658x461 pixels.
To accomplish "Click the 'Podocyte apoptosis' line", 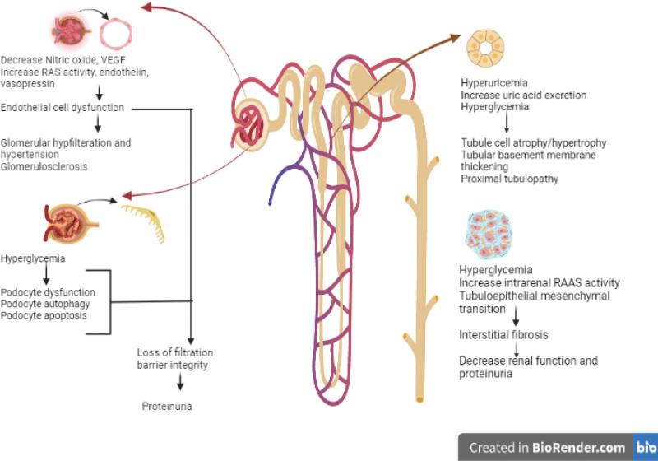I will point(44,314).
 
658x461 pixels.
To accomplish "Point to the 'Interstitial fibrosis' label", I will point(503,334).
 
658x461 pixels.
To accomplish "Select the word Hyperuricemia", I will point(494,83).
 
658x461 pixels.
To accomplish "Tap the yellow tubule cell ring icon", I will point(486,49).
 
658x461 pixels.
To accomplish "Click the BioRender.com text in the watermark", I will point(583,448).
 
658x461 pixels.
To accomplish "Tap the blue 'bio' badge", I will point(646,448).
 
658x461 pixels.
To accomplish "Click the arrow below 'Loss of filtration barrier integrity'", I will point(179,384).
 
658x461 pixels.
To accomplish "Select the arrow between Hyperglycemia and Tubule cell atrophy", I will point(507,124).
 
